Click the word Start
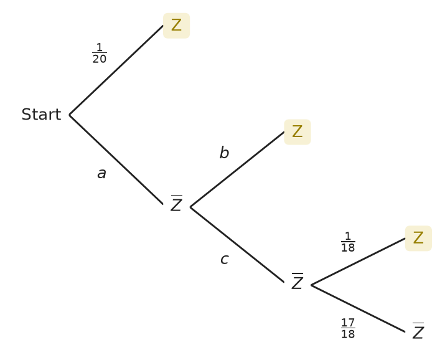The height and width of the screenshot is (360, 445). click(x=42, y=115)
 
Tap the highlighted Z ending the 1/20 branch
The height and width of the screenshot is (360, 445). click(x=176, y=26)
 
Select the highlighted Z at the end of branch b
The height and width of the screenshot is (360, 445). click(x=297, y=132)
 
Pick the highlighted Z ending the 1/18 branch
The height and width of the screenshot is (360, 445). click(x=418, y=238)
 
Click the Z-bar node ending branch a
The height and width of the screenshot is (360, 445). click(x=176, y=203)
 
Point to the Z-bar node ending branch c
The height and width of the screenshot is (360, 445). click(x=297, y=281)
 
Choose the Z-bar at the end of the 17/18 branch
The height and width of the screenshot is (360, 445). click(x=418, y=331)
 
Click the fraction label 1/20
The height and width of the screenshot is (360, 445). click(x=100, y=53)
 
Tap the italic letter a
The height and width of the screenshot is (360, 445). click(x=101, y=173)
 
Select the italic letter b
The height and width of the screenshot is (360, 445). click(x=224, y=153)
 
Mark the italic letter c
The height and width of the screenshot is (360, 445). click(x=225, y=259)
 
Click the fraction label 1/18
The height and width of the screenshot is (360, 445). click(x=348, y=242)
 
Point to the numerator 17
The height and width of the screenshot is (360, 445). click(x=348, y=323)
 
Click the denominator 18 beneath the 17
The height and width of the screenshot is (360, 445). click(x=348, y=334)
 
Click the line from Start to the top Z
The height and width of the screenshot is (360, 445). click(x=116, y=70)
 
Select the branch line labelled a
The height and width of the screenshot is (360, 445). click(x=116, y=159)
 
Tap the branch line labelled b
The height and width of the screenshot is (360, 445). click(x=237, y=169)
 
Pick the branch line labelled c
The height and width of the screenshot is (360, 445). click(x=237, y=244)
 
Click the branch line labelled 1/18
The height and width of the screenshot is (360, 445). click(x=358, y=262)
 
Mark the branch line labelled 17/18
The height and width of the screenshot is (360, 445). click(x=358, y=308)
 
